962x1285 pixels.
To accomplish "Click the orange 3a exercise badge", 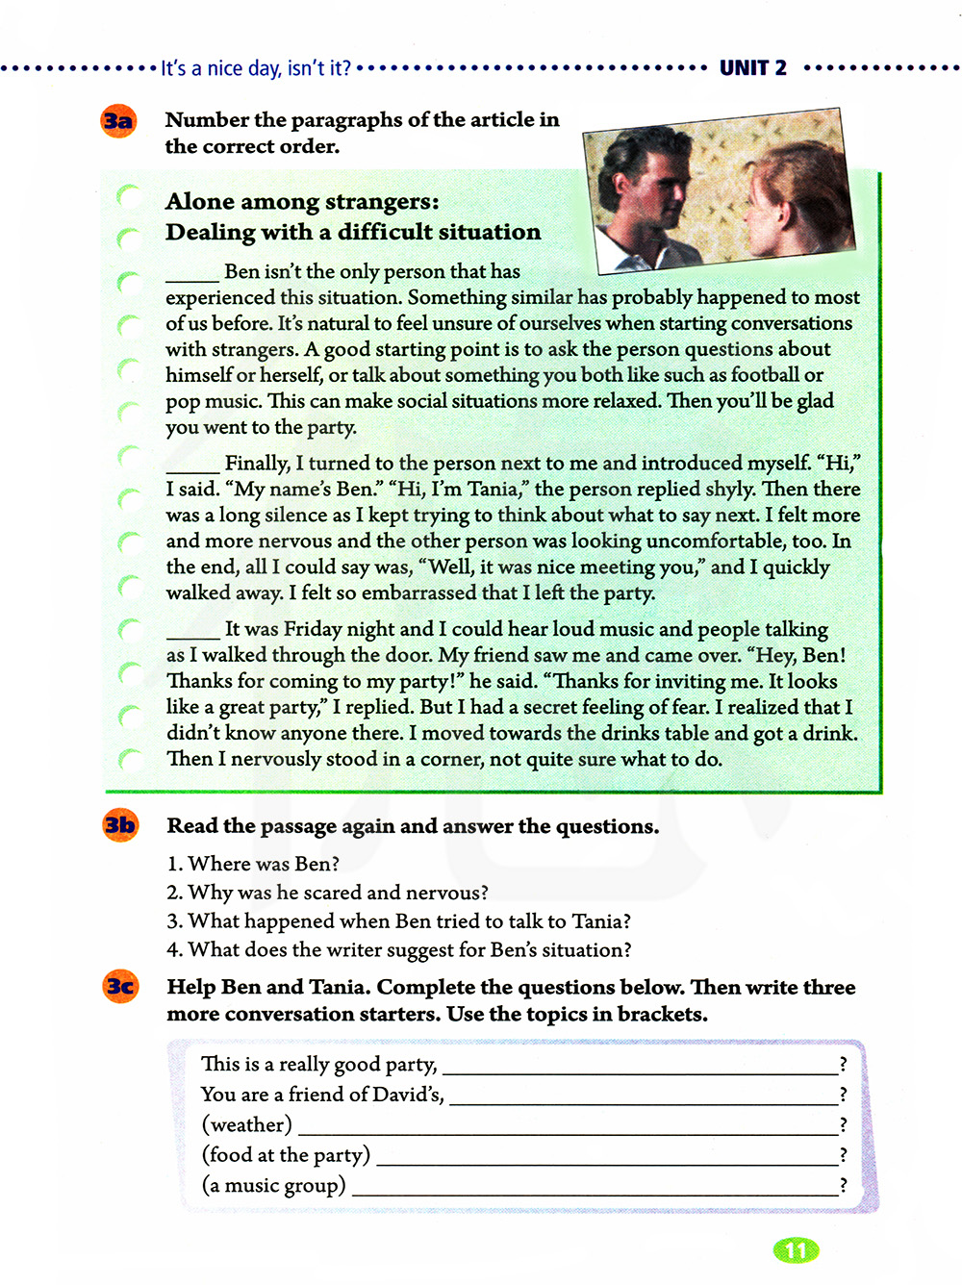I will coord(118,121).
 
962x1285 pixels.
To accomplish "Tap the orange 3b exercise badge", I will coord(120,825).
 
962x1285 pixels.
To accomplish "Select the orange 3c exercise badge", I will coord(120,987).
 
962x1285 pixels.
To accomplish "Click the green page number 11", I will coord(796,1249).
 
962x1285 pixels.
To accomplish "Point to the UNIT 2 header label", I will coord(753,67).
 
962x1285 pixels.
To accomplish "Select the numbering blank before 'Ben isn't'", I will coord(192,274).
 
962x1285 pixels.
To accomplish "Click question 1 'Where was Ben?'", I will coord(253,864).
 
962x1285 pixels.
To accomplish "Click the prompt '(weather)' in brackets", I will coord(246,1124).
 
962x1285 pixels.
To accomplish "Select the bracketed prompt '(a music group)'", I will coord(273,1185).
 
